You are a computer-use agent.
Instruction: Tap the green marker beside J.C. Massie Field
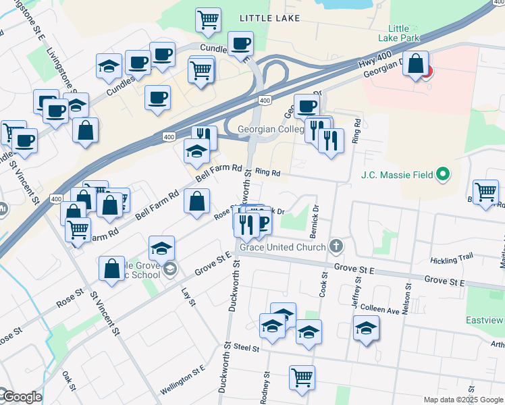443,175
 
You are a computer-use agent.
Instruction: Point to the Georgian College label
270,129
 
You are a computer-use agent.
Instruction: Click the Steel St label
246,348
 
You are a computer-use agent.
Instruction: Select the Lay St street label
188,296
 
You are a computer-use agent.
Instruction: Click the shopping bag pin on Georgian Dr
416,65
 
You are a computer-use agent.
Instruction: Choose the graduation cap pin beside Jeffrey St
366,329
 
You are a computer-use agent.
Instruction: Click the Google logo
21,397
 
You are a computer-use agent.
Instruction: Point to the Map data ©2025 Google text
462,400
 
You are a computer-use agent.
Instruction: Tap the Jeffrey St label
356,296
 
